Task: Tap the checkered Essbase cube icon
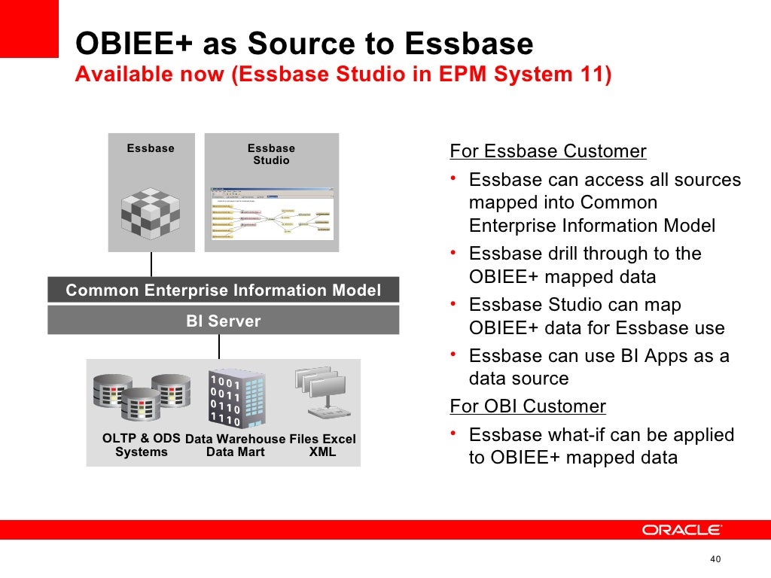151,208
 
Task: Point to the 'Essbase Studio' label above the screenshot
271,154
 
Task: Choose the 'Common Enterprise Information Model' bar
223,290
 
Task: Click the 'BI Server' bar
223,321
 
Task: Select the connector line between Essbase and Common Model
151,264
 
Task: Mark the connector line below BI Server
219,346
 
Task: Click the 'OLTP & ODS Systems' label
142,446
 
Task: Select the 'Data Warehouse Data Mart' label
235,446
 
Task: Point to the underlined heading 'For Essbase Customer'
547,151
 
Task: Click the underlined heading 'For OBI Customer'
527,406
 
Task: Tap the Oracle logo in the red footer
681,530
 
